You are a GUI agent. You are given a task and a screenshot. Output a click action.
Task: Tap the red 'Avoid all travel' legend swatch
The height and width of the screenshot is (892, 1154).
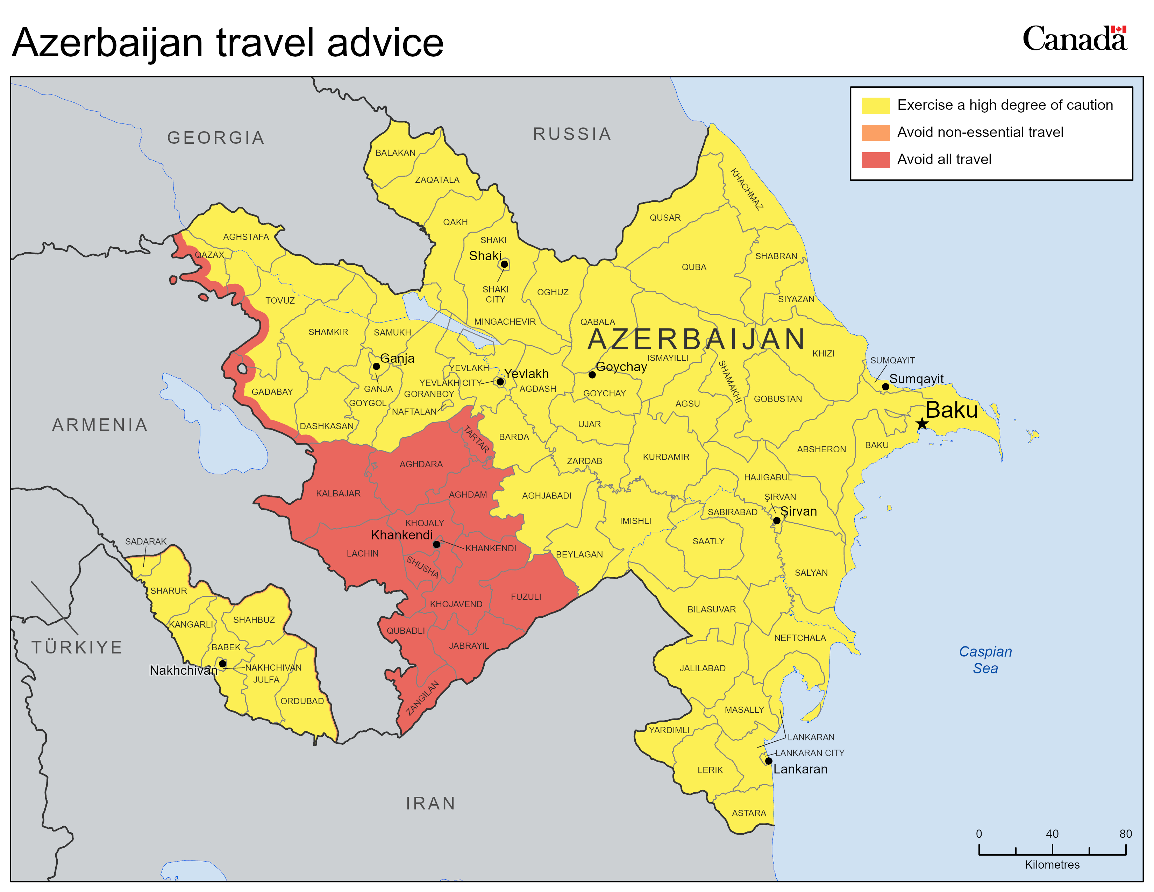tap(876, 160)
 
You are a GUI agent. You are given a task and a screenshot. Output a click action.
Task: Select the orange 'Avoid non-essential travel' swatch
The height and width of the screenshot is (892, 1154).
tap(876, 133)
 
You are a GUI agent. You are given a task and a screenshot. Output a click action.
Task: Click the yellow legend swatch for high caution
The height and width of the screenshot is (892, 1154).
tap(876, 105)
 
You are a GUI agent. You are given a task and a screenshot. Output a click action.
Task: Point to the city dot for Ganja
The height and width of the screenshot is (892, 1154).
tap(376, 366)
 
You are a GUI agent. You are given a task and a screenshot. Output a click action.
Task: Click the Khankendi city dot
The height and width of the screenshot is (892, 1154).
tap(436, 544)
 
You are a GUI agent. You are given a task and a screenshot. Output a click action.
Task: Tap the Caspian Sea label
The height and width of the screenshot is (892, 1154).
tap(985, 659)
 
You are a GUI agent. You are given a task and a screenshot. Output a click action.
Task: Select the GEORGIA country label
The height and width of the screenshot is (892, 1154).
tap(215, 138)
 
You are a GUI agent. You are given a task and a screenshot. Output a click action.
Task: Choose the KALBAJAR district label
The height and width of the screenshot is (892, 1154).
tap(338, 494)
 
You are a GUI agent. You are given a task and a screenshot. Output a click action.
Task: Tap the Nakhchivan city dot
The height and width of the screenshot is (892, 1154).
tap(222, 664)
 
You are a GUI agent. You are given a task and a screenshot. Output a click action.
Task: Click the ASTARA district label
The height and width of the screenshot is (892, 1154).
tap(749, 813)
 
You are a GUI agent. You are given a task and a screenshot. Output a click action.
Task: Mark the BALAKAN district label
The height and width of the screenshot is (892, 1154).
tap(395, 153)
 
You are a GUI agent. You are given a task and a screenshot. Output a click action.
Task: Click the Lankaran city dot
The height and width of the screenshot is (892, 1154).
tap(769, 761)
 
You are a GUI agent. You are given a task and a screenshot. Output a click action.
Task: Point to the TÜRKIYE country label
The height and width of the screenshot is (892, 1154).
tap(77, 647)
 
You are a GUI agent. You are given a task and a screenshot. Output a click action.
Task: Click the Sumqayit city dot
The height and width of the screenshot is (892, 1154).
tap(885, 387)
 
